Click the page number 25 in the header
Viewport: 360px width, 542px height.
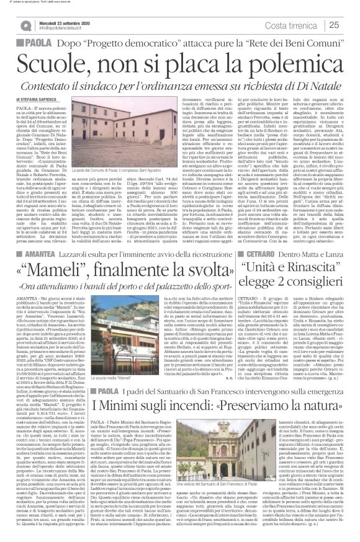point(333,25)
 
